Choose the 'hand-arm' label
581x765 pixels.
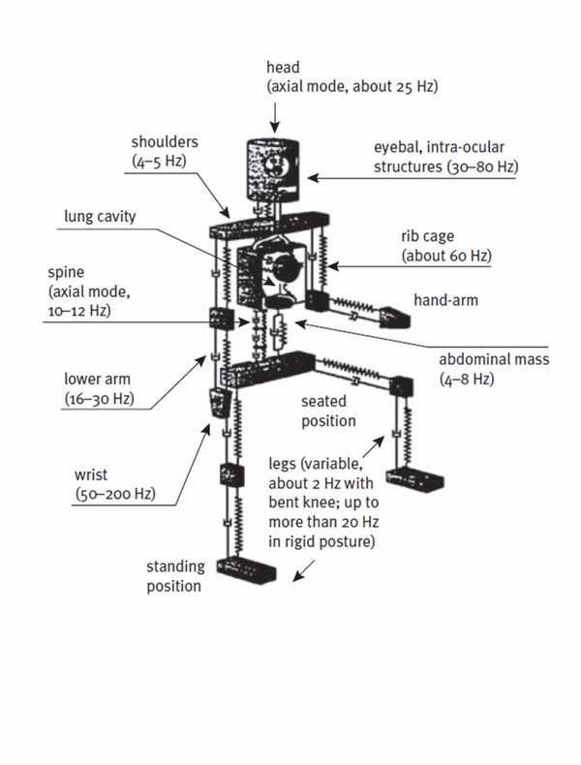point(448,301)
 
